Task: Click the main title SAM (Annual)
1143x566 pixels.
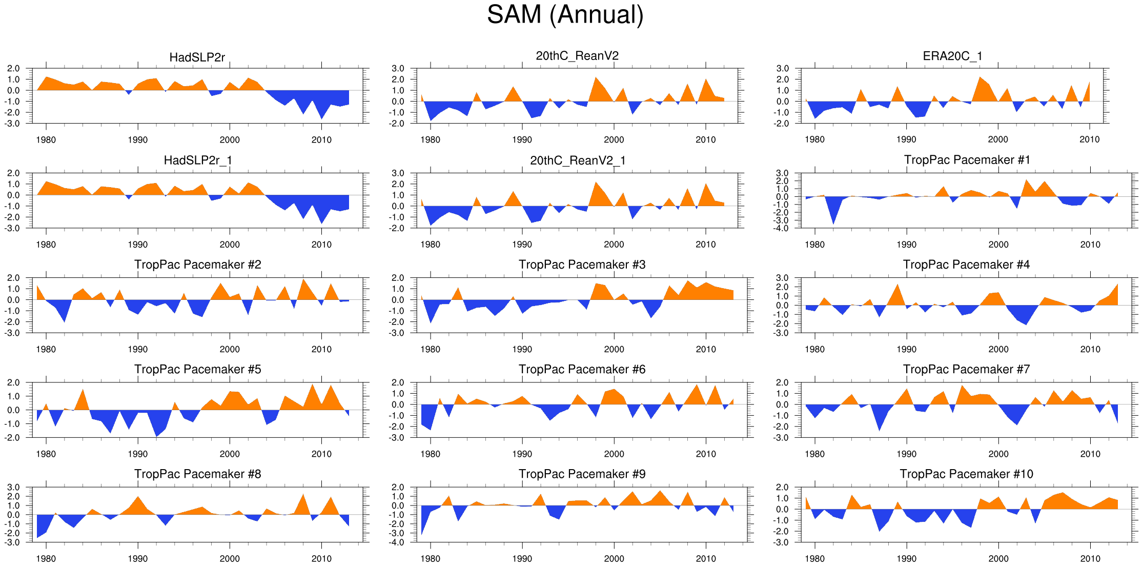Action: click(565, 14)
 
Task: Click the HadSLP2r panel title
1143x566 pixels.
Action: click(197, 57)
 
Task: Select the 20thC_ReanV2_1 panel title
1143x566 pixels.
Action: click(578, 160)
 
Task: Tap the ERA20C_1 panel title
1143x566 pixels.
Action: click(952, 56)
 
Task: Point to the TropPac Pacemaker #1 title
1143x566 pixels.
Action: click(967, 160)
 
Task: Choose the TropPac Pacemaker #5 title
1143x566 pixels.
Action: click(197, 369)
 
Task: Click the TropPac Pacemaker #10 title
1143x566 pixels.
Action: click(966, 474)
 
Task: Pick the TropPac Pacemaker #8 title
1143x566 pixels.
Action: click(197, 474)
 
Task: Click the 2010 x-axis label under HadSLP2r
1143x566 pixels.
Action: click(321, 140)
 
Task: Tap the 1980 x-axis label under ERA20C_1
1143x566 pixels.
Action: click(814, 140)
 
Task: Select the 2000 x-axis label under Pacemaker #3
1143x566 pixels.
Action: click(614, 349)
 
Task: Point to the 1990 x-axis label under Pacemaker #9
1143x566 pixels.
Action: click(522, 558)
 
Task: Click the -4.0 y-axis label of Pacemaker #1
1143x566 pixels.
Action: click(782, 229)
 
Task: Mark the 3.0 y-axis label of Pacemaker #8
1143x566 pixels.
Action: click(13, 487)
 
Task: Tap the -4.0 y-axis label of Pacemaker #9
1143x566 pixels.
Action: click(398, 542)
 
